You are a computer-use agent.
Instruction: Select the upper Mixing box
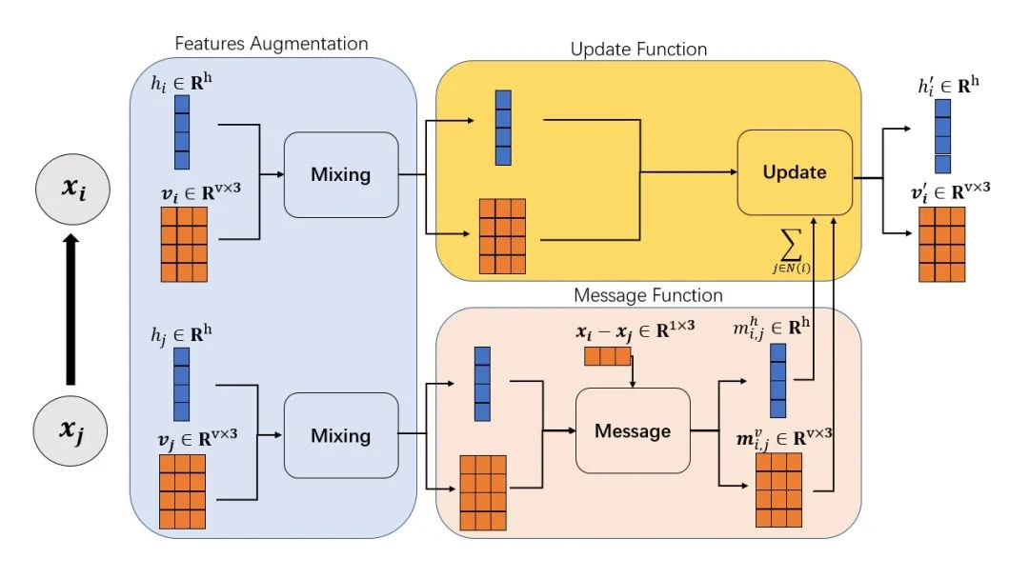click(x=341, y=174)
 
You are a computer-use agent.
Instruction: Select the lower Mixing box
click(x=341, y=436)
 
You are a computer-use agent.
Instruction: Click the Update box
click(x=795, y=172)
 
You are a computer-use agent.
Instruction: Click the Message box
click(x=633, y=430)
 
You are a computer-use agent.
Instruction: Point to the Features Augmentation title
click(x=272, y=44)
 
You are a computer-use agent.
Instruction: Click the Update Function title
click(x=638, y=48)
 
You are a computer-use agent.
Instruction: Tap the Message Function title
click(x=648, y=295)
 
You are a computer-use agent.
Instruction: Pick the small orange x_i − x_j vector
click(x=608, y=356)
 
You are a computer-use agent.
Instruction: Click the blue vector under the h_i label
click(x=182, y=132)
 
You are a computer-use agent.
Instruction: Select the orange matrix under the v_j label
click(x=182, y=491)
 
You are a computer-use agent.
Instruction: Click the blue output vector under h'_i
click(x=942, y=136)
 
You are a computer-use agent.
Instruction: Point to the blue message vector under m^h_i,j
click(x=777, y=381)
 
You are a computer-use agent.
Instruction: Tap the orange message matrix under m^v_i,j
click(x=778, y=489)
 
